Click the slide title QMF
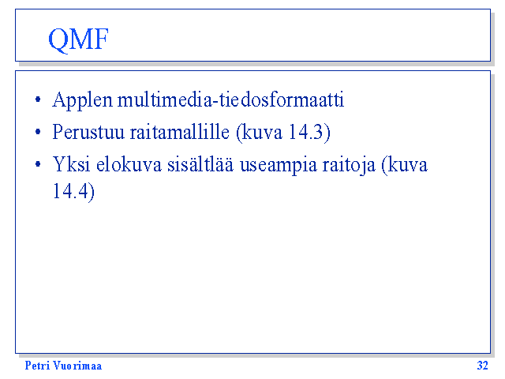coord(78,39)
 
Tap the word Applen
coord(83,100)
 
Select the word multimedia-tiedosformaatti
coord(230,99)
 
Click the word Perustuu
coord(88,132)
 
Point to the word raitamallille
coord(180,132)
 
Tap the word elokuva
coord(129,164)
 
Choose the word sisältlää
coord(200,163)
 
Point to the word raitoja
coord(349,165)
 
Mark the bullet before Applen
coord(38,99)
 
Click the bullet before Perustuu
coord(38,132)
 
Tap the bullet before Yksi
coord(38,164)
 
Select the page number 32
coord(482,366)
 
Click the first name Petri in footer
coord(37,366)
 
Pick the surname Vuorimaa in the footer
coord(77,366)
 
